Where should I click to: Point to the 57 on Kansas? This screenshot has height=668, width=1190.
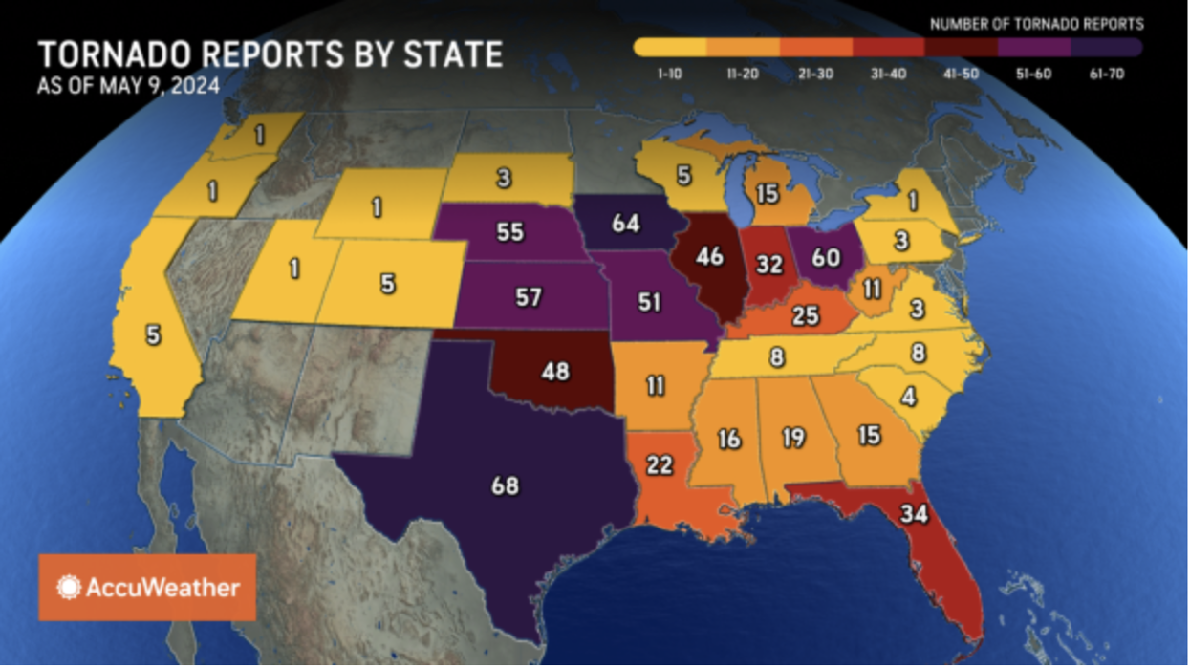tap(528, 297)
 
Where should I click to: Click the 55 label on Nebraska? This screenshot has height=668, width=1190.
tap(509, 231)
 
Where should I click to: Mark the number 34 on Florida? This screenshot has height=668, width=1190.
tap(913, 512)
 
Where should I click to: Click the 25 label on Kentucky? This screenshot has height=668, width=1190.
tap(806, 313)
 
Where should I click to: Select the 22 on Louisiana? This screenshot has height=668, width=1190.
tap(660, 464)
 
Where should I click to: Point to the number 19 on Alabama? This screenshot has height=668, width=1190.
tap(792, 438)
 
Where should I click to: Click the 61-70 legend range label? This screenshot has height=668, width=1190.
tap(1106, 74)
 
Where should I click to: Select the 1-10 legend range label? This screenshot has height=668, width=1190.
tap(669, 74)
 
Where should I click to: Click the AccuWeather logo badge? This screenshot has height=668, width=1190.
tap(147, 587)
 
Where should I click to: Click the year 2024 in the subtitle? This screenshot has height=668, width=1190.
tap(196, 85)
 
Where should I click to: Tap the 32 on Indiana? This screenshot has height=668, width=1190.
tap(769, 265)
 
